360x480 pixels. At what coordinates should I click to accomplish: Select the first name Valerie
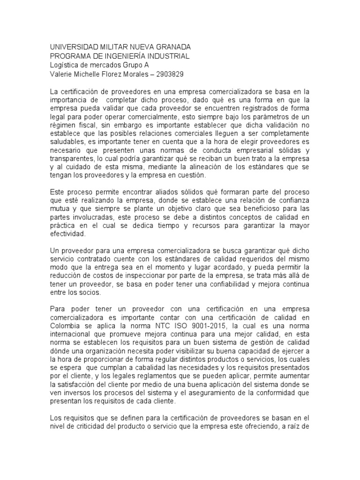point(61,74)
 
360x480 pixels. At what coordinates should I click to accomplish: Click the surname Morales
point(140,74)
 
